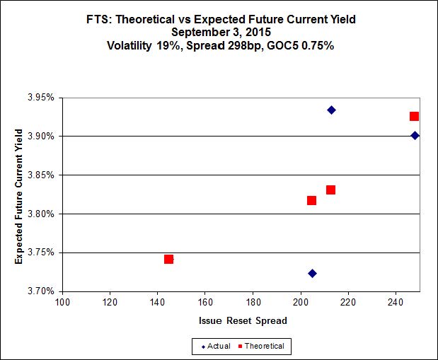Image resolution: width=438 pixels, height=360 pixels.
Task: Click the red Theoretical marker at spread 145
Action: [168, 259]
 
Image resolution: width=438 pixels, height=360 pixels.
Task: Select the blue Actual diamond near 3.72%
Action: [312, 273]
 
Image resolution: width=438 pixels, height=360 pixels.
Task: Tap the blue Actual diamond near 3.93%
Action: [331, 110]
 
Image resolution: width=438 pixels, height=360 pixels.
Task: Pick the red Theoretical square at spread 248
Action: [414, 116]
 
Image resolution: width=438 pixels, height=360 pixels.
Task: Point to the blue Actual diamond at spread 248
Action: [415, 135]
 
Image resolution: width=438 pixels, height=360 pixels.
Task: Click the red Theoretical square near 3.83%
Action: [330, 190]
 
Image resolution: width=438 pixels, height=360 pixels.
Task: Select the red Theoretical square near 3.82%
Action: [311, 200]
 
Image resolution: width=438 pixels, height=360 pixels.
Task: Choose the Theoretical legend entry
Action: [263, 346]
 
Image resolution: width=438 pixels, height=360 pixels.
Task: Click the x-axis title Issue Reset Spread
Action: [242, 320]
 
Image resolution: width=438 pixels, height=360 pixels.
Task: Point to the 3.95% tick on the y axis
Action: [45, 97]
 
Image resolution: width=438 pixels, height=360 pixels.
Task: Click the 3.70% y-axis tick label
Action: [45, 291]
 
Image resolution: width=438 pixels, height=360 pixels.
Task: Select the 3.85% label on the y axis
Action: [45, 175]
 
